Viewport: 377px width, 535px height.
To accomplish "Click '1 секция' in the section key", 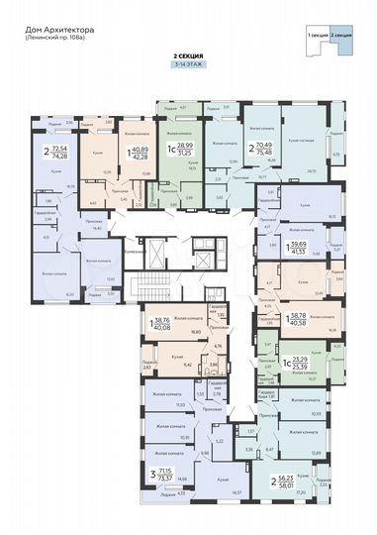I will pyautogui.click(x=318, y=35).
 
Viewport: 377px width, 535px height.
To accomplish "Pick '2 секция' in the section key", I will pyautogui.click(x=341, y=35).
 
